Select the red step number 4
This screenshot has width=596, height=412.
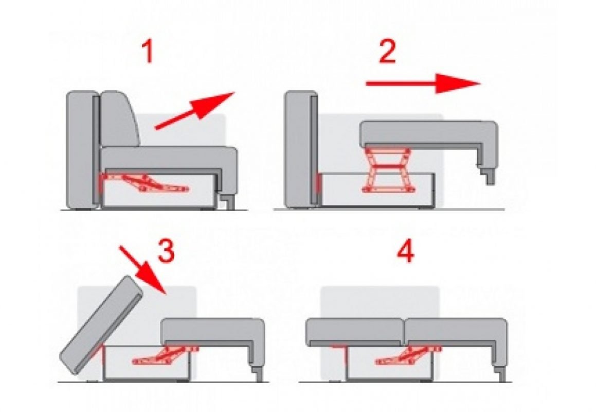pyautogui.click(x=405, y=251)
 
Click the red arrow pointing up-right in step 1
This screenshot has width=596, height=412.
pyautogui.click(x=195, y=111)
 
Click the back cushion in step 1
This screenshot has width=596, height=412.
pyautogui.click(x=119, y=119)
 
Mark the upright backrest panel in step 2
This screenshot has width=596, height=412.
pyautogui.click(x=301, y=148)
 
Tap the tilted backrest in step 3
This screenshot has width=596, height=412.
pyautogui.click(x=102, y=325)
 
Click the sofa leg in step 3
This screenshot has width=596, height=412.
pyautogui.click(x=257, y=373)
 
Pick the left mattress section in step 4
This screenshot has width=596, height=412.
pyautogui.click(x=355, y=332)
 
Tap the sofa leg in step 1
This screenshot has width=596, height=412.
pyautogui.click(x=229, y=202)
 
